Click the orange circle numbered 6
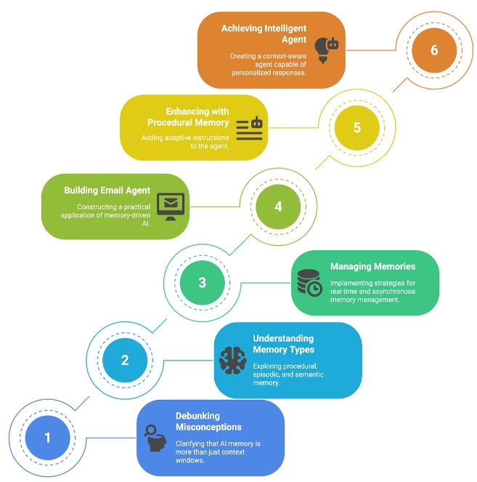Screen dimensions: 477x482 pyautogui.click(x=434, y=50)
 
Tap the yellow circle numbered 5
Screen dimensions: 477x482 pyautogui.click(x=356, y=127)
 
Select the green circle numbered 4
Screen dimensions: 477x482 pyautogui.click(x=278, y=206)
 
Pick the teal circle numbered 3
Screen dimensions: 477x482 pyautogui.click(x=202, y=283)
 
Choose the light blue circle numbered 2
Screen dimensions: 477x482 pyautogui.click(x=125, y=360)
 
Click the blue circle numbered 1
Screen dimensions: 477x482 pyautogui.click(x=47, y=438)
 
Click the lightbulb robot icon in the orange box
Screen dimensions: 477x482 pyautogui.click(x=326, y=50)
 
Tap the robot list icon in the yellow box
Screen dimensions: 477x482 pyautogui.click(x=249, y=129)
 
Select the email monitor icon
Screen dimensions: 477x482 pyautogui.click(x=171, y=206)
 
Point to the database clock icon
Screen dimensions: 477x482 pyautogui.click(x=309, y=283)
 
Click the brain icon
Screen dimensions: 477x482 pyautogui.click(x=232, y=361)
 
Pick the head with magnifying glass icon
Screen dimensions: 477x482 pyautogui.click(x=155, y=438)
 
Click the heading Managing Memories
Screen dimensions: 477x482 pyautogui.click(x=372, y=267)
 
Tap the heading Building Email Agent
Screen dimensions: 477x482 pyautogui.click(x=107, y=190)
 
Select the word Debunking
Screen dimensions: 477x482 pyautogui.click(x=197, y=416)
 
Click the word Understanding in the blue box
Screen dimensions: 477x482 pyautogui.click(x=283, y=339)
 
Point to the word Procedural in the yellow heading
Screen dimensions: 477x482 pyautogui.click(x=170, y=123)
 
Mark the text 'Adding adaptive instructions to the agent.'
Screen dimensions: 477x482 pyautogui.click(x=185, y=142)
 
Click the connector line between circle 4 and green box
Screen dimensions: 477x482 pyautogui.click(x=215, y=206)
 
